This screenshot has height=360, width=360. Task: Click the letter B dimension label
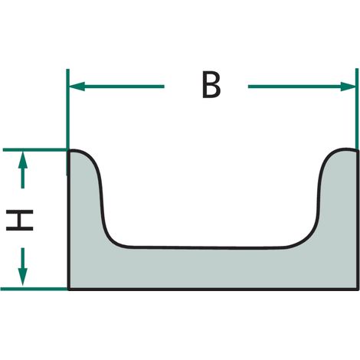click(x=211, y=85)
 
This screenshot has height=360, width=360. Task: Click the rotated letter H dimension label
click(x=20, y=220)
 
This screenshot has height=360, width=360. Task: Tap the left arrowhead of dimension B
click(x=77, y=87)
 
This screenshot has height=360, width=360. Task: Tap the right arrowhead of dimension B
click(x=348, y=87)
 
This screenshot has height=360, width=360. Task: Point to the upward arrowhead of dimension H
click(x=23, y=159)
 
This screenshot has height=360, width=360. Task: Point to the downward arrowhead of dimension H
click(x=23, y=277)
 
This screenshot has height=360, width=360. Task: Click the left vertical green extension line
click(x=67, y=122)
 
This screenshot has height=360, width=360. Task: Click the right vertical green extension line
click(x=357, y=110)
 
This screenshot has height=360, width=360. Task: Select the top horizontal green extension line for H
click(x=35, y=150)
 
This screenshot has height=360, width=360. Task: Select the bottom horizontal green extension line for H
click(x=34, y=289)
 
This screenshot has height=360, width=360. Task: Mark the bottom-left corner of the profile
click(x=68, y=290)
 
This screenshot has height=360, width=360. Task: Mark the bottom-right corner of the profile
click(x=358, y=290)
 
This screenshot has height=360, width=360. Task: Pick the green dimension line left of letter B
click(x=116, y=87)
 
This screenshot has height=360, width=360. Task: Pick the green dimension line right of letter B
click(x=302, y=87)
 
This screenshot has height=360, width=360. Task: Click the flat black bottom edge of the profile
click(x=213, y=290)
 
